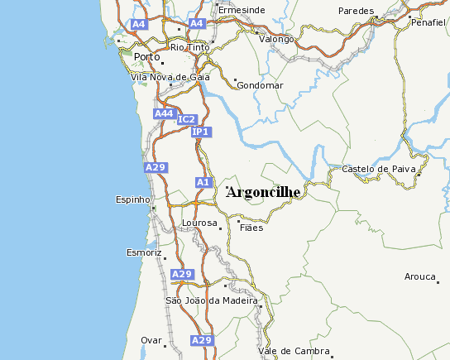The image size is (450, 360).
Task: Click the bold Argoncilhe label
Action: (x=263, y=192)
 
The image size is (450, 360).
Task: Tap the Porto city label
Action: (x=146, y=56)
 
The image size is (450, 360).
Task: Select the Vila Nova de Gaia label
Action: (x=170, y=77)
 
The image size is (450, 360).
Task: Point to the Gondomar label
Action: (x=260, y=85)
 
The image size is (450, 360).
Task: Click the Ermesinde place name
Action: (x=242, y=10)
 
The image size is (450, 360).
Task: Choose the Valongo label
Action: (x=276, y=39)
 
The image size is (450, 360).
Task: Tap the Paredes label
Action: (x=357, y=11)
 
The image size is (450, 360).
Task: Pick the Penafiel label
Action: (x=427, y=22)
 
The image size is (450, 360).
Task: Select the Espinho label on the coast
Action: (x=132, y=199)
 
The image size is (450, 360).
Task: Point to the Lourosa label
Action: (x=199, y=223)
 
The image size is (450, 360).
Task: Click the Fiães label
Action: (x=251, y=227)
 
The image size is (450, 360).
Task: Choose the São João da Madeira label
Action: (x=213, y=300)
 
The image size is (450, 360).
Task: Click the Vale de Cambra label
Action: (x=294, y=351)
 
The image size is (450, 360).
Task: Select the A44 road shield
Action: (x=164, y=113)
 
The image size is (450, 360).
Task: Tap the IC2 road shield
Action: (x=187, y=120)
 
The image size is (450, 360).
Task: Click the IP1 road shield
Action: (x=201, y=132)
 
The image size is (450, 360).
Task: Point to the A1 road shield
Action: (x=203, y=181)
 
